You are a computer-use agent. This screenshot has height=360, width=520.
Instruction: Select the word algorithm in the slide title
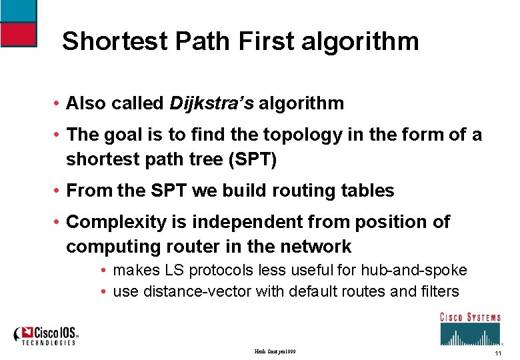[x=360, y=41]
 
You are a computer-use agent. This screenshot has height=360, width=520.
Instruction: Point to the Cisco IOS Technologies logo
[x=47, y=335]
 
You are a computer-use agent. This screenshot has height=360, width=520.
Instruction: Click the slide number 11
[x=497, y=353]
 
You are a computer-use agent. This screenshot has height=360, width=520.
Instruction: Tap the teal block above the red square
[x=18, y=10]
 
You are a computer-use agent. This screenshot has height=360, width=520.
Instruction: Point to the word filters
[x=435, y=291]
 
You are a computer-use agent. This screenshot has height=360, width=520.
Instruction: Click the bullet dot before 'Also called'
[x=59, y=104]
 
